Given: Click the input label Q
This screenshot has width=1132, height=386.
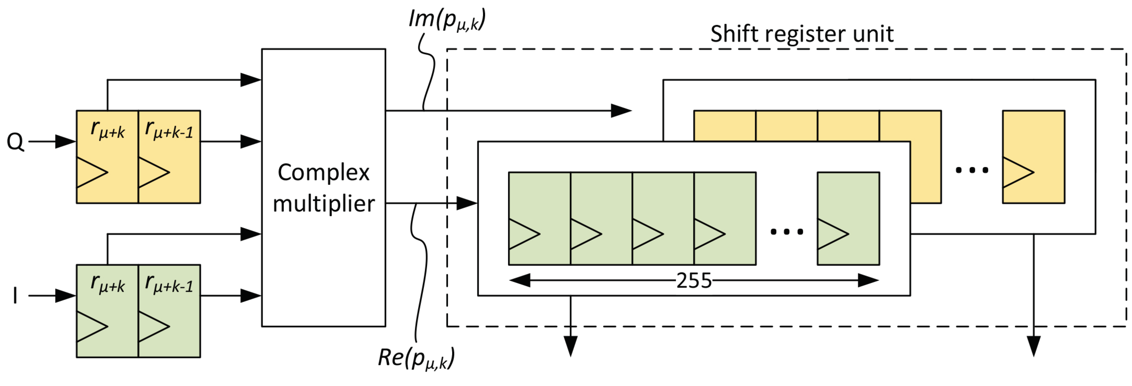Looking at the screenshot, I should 15,142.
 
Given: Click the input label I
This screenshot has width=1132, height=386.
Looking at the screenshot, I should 15,296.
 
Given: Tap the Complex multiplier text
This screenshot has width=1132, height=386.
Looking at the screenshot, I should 324,188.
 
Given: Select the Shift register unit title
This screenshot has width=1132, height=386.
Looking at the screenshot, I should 802,34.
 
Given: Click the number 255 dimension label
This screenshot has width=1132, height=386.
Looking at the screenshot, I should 693,281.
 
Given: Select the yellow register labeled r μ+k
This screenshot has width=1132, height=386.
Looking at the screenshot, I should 107,156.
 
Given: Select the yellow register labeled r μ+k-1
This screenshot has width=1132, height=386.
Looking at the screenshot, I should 169,156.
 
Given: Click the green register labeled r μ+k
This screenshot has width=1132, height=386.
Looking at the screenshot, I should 107,311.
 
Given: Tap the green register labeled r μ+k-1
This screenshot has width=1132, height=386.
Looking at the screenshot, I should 169,311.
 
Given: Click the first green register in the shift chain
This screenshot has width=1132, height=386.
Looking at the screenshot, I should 539,218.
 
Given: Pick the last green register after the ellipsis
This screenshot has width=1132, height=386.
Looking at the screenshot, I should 848,218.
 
